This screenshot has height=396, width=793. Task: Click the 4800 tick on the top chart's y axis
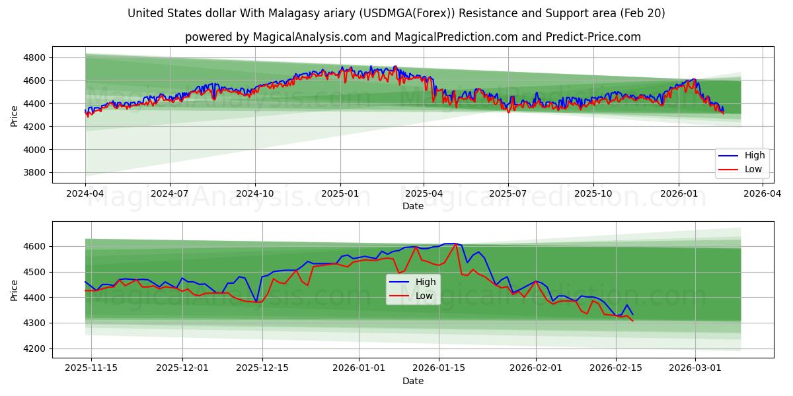click(34, 57)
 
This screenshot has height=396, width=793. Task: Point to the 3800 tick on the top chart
click(34, 173)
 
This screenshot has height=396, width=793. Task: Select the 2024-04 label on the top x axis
click(85, 194)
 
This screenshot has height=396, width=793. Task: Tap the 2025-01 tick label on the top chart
click(340, 194)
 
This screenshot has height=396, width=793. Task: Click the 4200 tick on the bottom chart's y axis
click(34, 348)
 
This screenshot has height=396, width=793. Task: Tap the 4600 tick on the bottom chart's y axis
click(34, 246)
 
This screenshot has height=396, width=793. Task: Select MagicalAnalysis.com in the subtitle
click(309, 37)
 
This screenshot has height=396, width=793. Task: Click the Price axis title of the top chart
click(15, 115)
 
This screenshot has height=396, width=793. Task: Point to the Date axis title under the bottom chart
click(413, 381)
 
